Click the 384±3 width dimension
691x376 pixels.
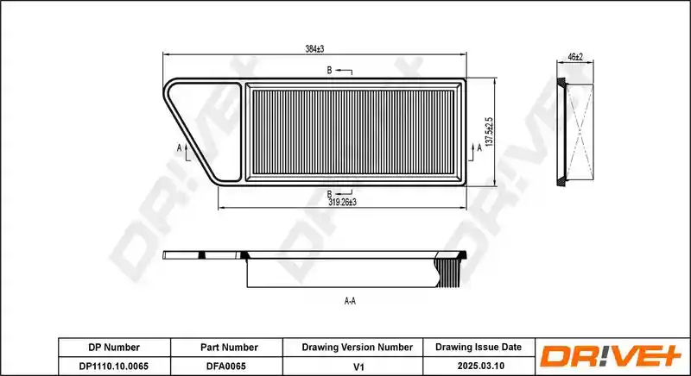click(314, 49)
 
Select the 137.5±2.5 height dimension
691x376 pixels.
click(489, 132)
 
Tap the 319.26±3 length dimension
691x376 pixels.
click(342, 203)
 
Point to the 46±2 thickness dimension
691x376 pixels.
click(575, 57)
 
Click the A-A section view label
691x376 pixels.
click(350, 301)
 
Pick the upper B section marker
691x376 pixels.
click(339, 71)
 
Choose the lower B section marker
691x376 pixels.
click(339, 192)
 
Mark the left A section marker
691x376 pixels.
click(184, 152)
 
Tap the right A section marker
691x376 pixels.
click(475, 152)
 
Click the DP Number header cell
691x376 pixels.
click(114, 348)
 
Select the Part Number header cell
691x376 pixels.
click(229, 348)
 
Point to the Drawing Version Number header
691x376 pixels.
click(358, 348)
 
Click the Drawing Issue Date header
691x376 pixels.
click(479, 347)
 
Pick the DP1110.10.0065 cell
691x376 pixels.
click(114, 366)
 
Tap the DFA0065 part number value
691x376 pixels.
click(226, 366)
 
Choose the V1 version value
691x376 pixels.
click(359, 367)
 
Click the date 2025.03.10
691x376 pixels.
click(481, 366)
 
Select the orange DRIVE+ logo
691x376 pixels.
click(611, 356)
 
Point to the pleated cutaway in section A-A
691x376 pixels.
click(448, 273)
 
